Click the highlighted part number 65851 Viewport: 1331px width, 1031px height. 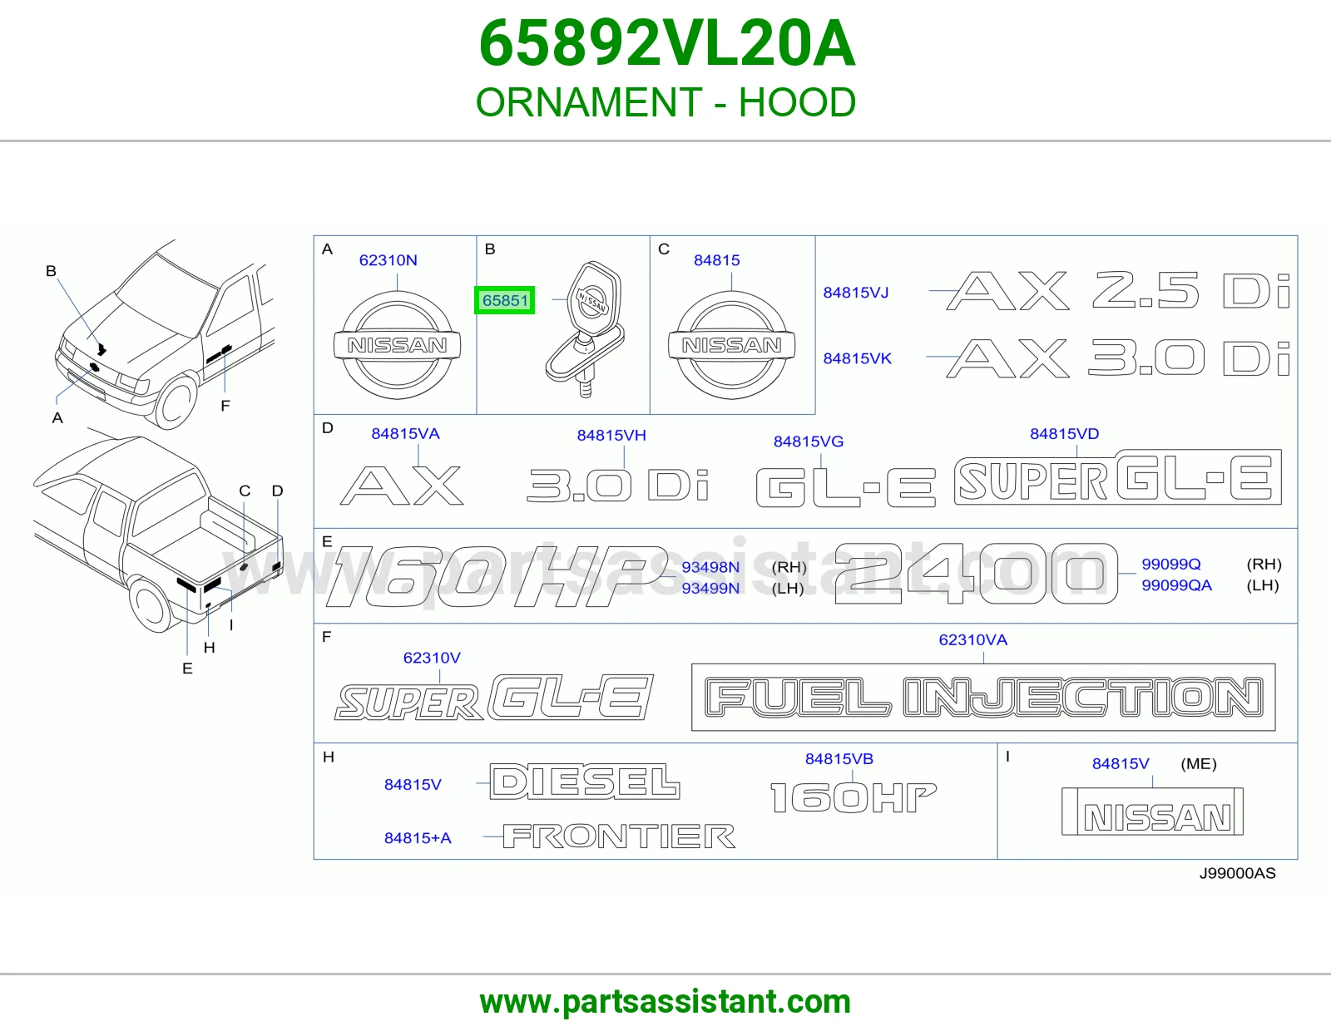coord(504,300)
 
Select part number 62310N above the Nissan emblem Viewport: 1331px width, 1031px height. coord(388,260)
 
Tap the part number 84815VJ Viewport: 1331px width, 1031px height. coord(855,293)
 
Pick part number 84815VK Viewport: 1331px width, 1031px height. coord(857,358)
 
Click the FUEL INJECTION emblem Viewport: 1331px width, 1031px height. coord(983,697)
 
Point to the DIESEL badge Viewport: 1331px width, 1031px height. coord(584,782)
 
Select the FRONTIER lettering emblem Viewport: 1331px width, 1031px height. coord(619,836)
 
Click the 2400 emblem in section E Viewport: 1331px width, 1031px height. coord(976,574)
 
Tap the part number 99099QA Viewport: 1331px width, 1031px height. coord(1176,585)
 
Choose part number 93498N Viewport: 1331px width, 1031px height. coord(710,567)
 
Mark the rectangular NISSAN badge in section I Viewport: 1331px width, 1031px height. coord(1152,811)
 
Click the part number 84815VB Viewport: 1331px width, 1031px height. coord(839,758)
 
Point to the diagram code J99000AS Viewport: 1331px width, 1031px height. coord(1237,873)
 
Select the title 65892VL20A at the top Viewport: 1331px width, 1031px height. coord(666,43)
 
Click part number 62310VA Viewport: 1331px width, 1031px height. coord(972,639)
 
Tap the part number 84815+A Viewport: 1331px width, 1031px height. coord(417,837)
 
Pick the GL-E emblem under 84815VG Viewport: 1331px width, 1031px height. coord(846,487)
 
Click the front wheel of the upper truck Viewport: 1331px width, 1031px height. coord(175,402)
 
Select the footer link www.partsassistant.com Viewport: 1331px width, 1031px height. coord(665,1002)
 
